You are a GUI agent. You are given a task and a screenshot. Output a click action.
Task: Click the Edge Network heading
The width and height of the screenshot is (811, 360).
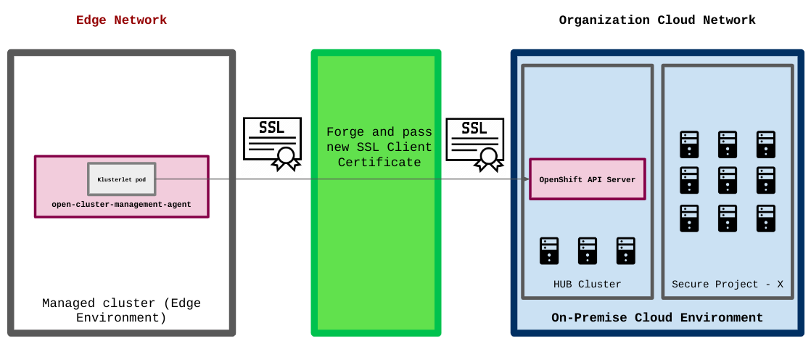pos(121,20)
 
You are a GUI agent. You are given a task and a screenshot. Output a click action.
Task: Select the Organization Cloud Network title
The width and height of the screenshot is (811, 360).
pos(656,20)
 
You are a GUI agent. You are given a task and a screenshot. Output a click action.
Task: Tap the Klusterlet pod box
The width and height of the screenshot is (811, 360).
pos(122,179)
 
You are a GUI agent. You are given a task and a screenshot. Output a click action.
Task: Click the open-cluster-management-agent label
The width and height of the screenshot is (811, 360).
pos(121,205)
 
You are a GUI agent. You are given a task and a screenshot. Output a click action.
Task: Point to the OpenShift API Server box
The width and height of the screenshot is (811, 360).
pos(587,179)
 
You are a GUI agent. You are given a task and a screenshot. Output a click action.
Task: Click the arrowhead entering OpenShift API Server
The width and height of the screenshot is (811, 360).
pos(526,179)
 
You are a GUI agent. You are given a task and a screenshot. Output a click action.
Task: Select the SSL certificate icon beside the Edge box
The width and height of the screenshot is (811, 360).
pos(272,142)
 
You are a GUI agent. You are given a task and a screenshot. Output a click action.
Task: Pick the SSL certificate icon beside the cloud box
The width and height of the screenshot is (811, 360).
pos(474,142)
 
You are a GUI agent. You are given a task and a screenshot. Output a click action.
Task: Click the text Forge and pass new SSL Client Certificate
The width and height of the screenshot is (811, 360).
pos(379,147)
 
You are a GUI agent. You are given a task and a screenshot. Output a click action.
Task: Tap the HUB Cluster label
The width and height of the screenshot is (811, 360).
pos(588,284)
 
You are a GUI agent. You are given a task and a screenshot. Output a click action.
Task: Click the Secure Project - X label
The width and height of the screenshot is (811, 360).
pos(728,284)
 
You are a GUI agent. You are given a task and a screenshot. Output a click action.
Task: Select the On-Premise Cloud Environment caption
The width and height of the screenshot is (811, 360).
pos(656,318)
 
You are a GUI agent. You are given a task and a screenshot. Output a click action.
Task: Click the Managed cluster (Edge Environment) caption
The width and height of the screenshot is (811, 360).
pos(121,311)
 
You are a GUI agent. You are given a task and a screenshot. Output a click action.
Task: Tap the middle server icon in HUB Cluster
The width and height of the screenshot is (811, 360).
pos(588,250)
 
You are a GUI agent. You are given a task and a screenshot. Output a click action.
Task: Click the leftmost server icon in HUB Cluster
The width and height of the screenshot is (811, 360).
pos(549,250)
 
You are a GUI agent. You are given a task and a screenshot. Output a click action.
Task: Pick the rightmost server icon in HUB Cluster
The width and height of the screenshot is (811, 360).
pos(625,250)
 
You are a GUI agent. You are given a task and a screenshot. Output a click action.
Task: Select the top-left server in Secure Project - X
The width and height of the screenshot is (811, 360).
pos(689,144)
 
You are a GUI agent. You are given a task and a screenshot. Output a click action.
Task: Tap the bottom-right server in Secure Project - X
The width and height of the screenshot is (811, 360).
pos(765,218)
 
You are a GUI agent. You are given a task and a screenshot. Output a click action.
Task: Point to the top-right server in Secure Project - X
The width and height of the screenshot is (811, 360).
pos(765,144)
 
